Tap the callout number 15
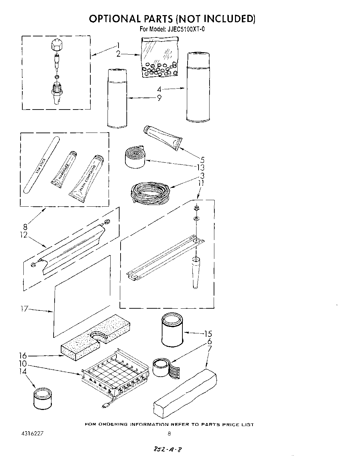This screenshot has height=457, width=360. (207, 334)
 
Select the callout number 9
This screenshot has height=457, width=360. (159, 98)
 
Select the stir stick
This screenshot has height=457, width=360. (41, 165)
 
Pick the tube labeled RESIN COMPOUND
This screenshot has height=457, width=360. (86, 179)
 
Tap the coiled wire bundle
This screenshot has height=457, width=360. (148, 193)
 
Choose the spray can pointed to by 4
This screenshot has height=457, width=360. (198, 90)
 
